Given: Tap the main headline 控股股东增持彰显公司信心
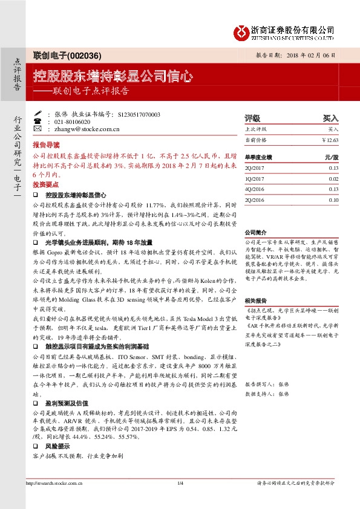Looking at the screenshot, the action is click(x=113, y=77).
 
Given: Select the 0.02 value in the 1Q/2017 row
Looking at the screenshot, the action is click(x=333, y=179).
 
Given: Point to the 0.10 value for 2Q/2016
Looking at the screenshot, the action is click(x=333, y=199).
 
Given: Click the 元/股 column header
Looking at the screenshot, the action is click(x=332, y=157).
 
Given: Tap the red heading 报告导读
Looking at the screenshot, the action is click(x=47, y=145).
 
